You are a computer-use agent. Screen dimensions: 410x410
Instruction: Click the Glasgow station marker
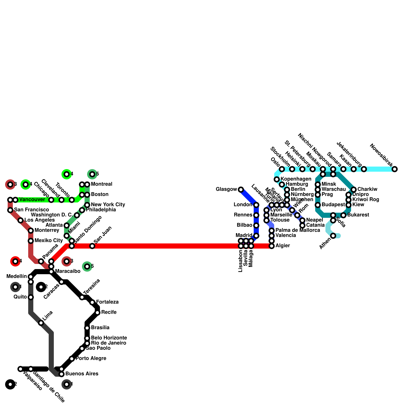pos(241,190)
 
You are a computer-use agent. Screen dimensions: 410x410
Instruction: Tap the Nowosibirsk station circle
pos(395,169)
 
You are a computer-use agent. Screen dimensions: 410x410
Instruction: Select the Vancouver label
pos(32,200)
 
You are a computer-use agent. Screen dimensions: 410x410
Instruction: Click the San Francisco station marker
pos(10,210)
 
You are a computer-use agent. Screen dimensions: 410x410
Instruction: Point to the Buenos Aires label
pos(82,374)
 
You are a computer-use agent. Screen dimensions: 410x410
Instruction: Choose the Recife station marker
pos(97,313)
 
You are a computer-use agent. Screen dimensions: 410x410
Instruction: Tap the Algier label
pos(283,246)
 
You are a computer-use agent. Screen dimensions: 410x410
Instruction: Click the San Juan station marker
pos(92,246)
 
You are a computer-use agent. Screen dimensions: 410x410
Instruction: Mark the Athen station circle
pos(333,236)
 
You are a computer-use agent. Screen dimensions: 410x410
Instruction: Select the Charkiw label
pos(367,189)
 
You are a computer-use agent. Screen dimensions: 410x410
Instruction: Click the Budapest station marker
pos(318,205)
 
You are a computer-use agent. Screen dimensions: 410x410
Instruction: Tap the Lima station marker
pos(41,323)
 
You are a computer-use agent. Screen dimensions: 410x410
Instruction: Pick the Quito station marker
pos(31,297)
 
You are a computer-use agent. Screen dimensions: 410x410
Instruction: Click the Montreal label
pos(101,184)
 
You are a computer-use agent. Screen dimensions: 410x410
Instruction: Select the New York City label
pos(108,205)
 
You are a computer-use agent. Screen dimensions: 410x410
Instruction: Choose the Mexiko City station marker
pos(31,241)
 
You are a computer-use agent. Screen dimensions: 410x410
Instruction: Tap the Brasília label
pos(100,328)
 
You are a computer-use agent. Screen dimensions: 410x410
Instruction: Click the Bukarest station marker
pos(343,215)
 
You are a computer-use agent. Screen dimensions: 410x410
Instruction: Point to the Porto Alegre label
pos(91,358)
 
